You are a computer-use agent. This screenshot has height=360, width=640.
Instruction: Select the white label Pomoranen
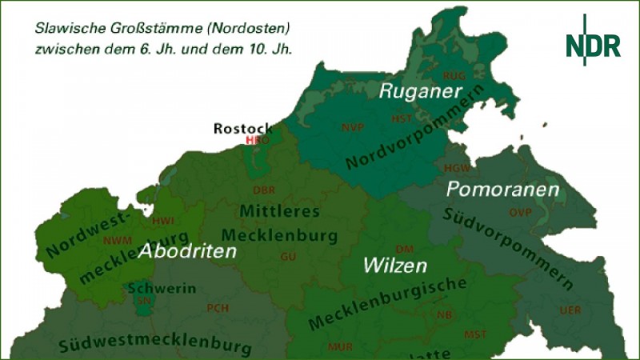502,190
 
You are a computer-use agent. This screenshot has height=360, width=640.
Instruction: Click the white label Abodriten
188,251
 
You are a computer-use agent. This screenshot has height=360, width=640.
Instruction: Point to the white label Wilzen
394,266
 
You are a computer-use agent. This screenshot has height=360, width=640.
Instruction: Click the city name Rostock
243,128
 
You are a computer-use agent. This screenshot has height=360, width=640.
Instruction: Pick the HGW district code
457,168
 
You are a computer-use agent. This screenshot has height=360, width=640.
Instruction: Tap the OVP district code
520,212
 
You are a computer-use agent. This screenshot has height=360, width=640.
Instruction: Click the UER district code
570,309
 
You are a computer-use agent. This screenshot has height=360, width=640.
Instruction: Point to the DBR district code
263,190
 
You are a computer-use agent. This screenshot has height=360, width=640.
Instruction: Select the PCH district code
218,308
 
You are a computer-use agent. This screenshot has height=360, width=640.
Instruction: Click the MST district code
475,333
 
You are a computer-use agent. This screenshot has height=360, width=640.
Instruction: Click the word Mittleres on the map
280,212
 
